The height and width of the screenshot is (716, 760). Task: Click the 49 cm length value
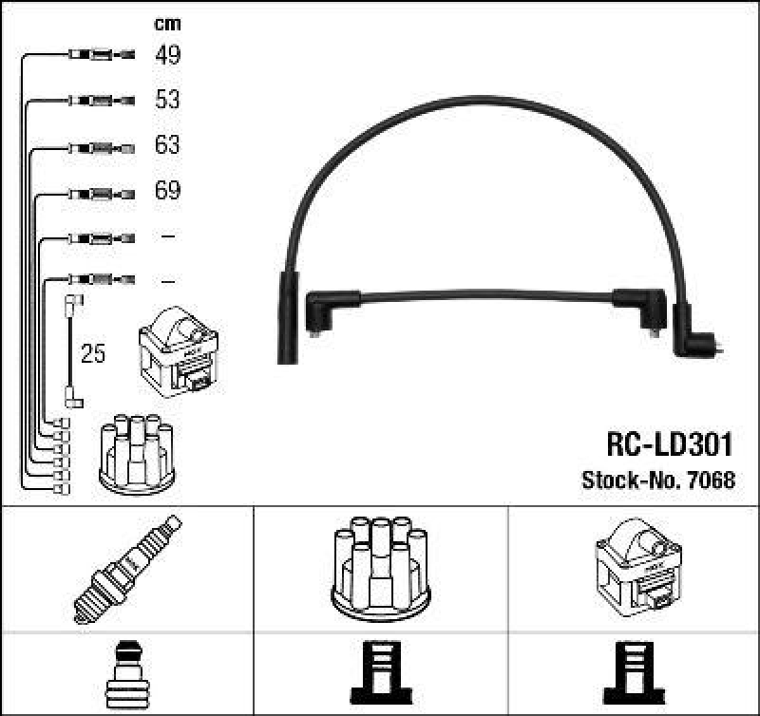tap(167, 55)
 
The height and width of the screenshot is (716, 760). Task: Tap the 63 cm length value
tap(167, 146)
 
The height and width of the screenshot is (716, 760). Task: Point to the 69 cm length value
tap(167, 191)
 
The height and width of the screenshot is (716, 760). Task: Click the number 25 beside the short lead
tap(93, 355)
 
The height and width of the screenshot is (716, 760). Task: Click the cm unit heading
tap(167, 24)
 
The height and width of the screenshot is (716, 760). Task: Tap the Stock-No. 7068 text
tap(657, 480)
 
